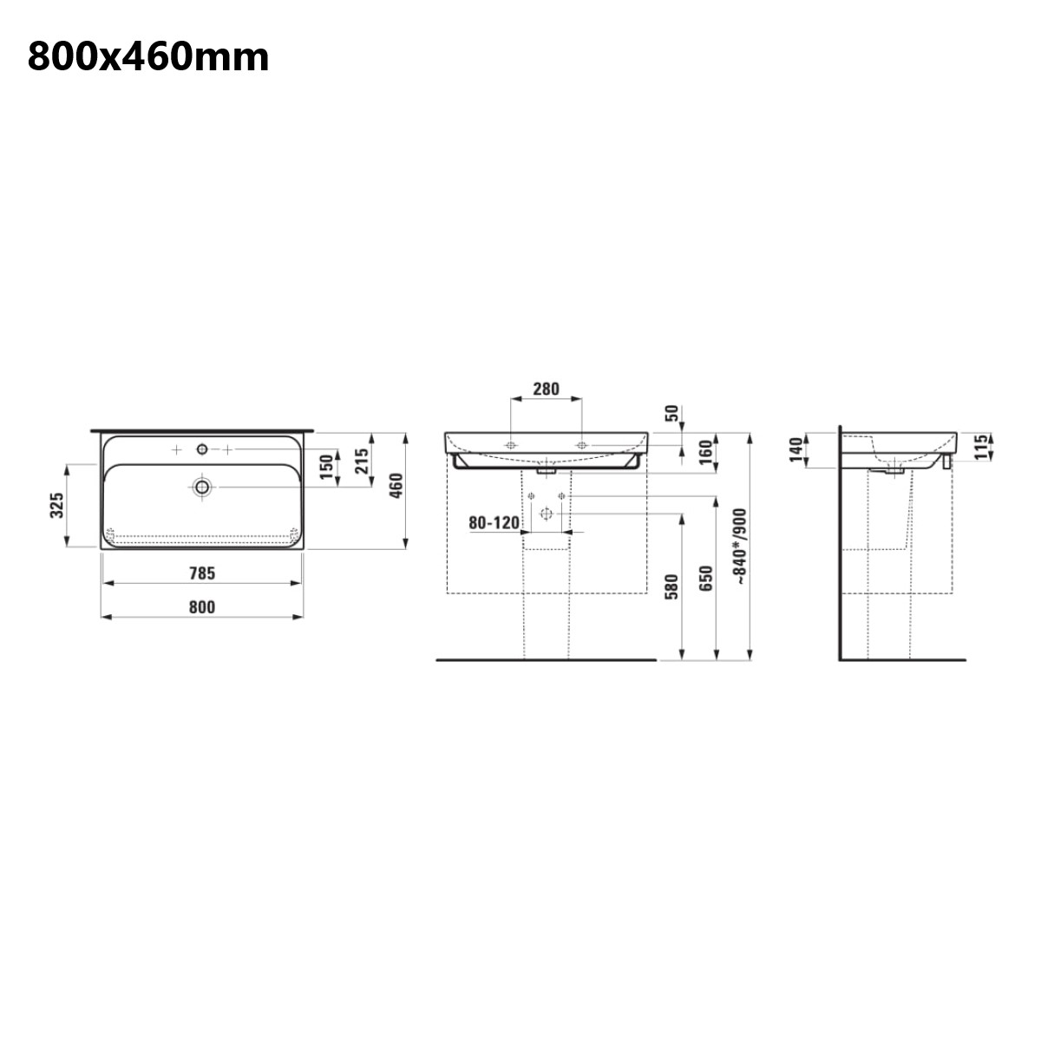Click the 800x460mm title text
(x=148, y=57)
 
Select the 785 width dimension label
(x=202, y=573)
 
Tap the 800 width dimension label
(x=202, y=607)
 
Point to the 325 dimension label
(x=56, y=505)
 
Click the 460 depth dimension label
(x=396, y=485)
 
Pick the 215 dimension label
(x=361, y=461)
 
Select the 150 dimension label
(x=326, y=468)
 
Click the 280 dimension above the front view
(x=547, y=389)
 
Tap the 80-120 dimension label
(x=494, y=522)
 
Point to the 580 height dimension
(x=671, y=587)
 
